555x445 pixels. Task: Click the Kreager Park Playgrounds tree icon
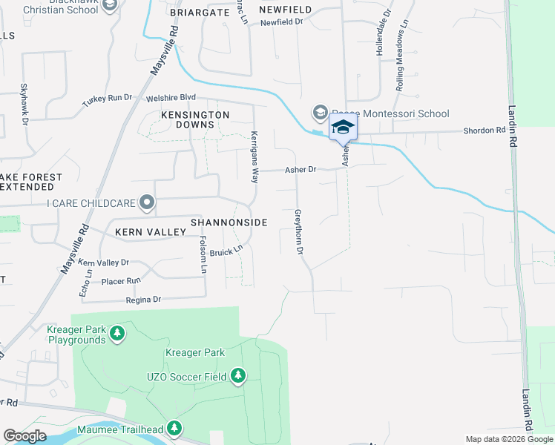116,334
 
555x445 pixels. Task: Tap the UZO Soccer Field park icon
237,377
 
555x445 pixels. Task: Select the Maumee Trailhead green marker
174,429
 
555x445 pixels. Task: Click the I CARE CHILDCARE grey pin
147,202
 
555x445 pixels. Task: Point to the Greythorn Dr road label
299,232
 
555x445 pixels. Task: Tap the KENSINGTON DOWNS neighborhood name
195,120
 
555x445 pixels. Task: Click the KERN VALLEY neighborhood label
150,232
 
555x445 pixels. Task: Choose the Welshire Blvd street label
171,97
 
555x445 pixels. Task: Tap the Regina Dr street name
143,300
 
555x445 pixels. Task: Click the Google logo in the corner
24,436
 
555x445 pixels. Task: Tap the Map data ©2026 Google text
508,439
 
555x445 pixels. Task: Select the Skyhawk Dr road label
24,102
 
